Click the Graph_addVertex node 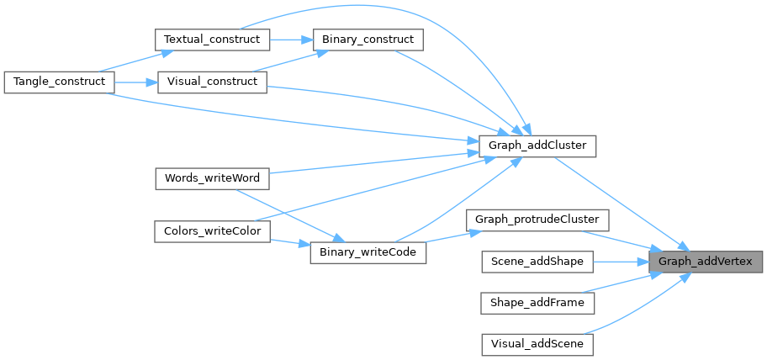point(706,262)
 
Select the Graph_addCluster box point(537,146)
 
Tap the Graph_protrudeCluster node point(537,220)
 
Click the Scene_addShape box point(537,262)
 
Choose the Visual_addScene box point(537,343)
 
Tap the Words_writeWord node point(211,178)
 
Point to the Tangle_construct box point(58,82)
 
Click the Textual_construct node point(211,40)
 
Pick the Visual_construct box point(211,82)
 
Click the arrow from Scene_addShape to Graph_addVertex point(622,262)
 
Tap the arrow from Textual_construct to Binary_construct point(290,40)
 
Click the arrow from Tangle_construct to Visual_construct point(134,82)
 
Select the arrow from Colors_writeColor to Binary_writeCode point(289,242)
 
